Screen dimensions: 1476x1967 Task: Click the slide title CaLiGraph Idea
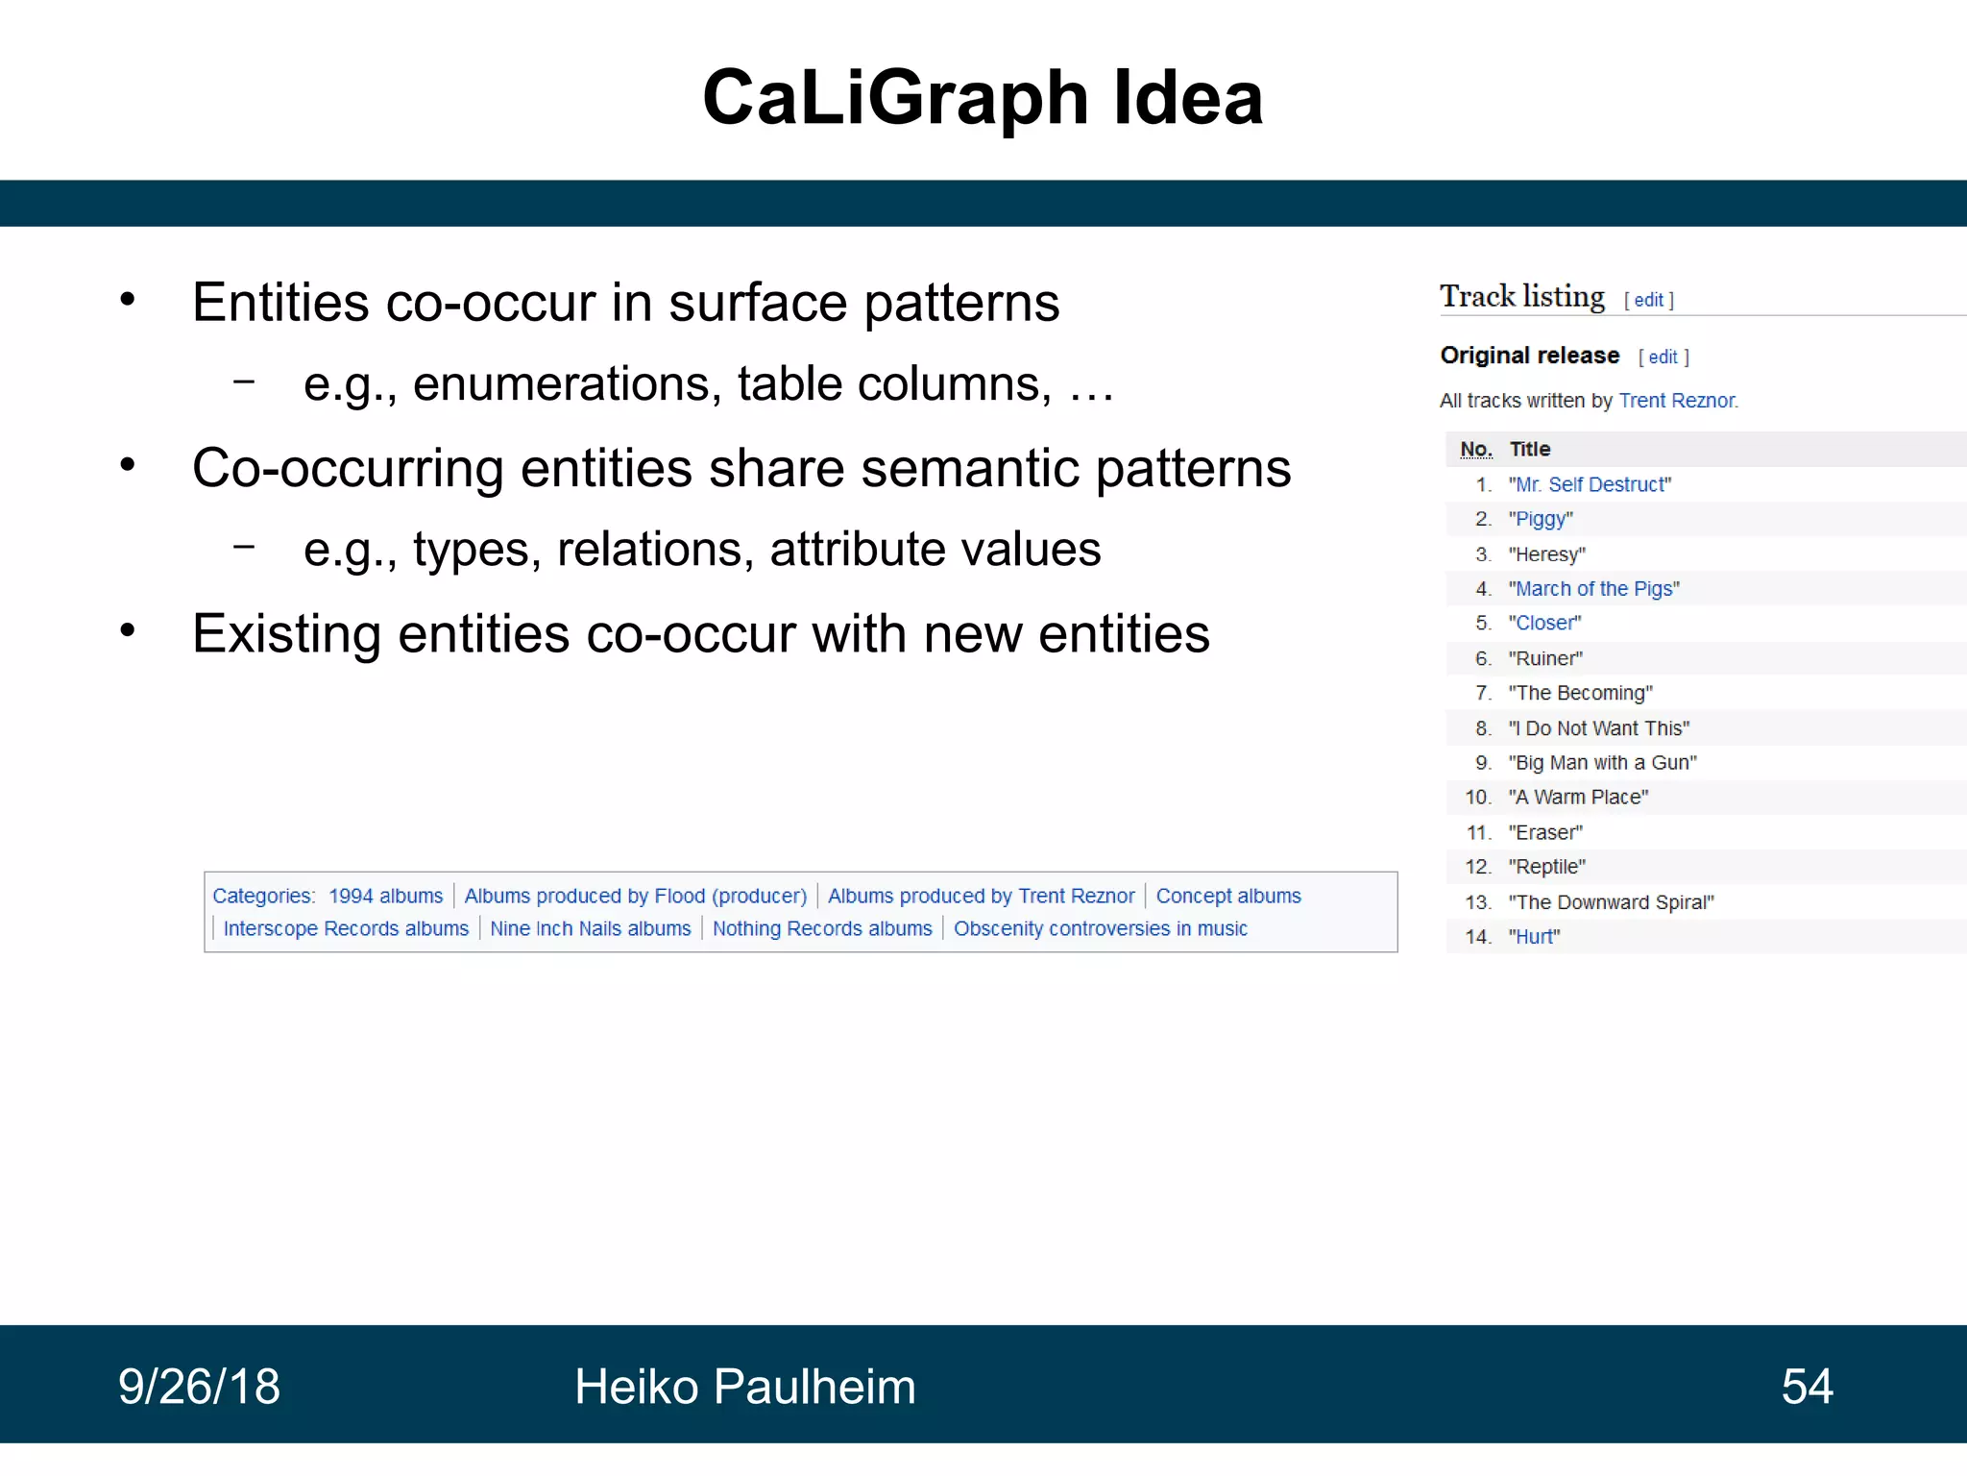click(x=983, y=98)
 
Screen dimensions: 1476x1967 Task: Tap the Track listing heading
click(x=1521, y=297)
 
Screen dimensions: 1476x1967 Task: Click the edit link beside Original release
click(x=1663, y=357)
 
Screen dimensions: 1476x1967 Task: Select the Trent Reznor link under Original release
click(x=1677, y=401)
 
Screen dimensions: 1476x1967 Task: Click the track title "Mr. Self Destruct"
click(x=1590, y=485)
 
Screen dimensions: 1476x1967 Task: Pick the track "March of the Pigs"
click(x=1593, y=589)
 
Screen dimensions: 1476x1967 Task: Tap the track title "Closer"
click(x=1544, y=624)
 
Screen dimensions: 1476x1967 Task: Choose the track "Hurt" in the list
click(x=1534, y=937)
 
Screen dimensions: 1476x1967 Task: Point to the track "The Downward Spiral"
click(x=1611, y=902)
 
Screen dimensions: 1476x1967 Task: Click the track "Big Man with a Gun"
click(x=1602, y=763)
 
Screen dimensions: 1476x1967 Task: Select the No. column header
click(x=1476, y=450)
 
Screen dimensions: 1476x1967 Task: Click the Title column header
click(x=1530, y=450)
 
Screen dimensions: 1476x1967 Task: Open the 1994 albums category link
click(x=385, y=897)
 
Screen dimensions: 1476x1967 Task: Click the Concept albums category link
click(x=1227, y=897)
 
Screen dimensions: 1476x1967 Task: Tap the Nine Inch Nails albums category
click(x=590, y=929)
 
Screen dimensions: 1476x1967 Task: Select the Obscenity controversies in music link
click(x=1100, y=929)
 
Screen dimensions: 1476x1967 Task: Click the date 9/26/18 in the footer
click(x=199, y=1387)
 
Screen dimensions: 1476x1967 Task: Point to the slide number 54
click(x=1807, y=1387)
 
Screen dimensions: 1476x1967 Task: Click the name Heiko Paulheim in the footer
click(x=744, y=1387)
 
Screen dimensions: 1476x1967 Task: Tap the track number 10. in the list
click(x=1477, y=798)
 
